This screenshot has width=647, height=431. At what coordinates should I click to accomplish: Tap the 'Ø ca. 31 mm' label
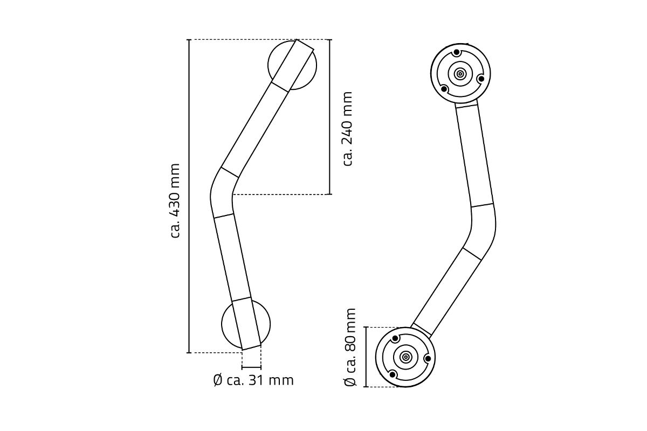pos(253,380)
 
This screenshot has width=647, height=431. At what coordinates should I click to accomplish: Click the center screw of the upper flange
pos(460,74)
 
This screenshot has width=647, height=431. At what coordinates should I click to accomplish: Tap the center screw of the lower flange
pos(405,357)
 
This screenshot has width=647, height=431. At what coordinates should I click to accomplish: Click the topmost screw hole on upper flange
pos(457,52)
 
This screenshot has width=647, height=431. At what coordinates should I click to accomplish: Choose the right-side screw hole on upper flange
pos(481,79)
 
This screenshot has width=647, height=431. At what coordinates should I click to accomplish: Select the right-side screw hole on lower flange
pos(428,358)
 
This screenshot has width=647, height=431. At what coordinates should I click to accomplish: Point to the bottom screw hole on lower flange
pos(393,374)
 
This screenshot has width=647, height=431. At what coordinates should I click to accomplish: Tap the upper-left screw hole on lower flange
pos(395,339)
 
